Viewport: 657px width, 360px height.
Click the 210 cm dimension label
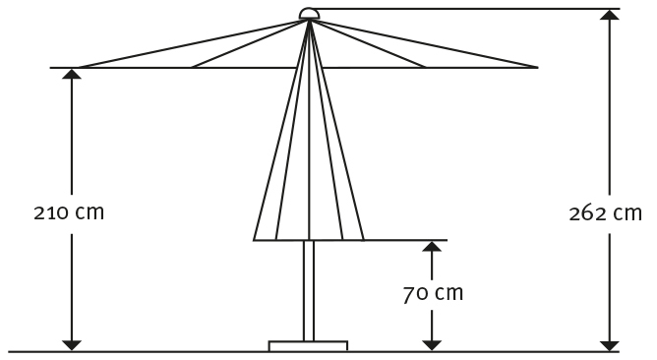(x=68, y=211)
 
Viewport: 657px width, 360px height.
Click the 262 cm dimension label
(x=605, y=213)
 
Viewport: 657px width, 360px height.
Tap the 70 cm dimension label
(x=433, y=293)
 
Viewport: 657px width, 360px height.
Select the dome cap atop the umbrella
(x=309, y=14)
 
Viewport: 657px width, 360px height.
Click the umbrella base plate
(x=308, y=345)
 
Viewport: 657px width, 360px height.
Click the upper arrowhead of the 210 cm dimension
(x=71, y=75)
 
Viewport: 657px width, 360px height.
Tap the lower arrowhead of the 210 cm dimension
(x=71, y=343)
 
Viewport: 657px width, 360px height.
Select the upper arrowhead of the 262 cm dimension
(x=612, y=16)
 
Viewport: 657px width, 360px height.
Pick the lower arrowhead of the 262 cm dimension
(x=612, y=343)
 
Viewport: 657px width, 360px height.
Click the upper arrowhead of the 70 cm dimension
(x=430, y=247)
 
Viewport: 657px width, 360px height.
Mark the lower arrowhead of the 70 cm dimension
(x=430, y=343)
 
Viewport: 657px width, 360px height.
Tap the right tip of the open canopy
(x=538, y=68)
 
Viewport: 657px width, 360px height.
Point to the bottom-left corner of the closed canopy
(x=254, y=240)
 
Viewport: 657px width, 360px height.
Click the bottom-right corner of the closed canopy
(x=364, y=240)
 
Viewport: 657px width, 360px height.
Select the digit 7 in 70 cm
(x=409, y=293)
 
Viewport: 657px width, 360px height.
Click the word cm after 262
(x=627, y=213)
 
